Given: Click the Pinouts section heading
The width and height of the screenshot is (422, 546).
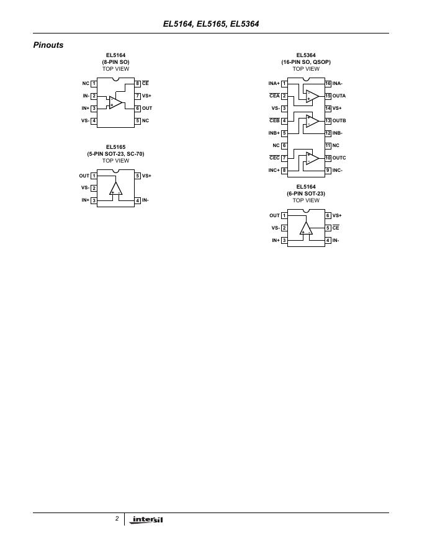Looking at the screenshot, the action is tap(48, 45).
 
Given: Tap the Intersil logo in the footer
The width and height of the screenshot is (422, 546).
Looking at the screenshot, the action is tap(148, 519).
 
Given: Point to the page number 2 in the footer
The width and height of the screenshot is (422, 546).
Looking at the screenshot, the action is tap(117, 518).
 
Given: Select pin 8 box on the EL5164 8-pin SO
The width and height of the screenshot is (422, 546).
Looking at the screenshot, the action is tap(138, 83).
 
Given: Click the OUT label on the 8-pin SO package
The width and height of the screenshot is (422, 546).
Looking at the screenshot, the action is tap(147, 108).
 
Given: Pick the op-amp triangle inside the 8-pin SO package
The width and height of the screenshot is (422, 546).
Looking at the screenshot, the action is tap(115, 102).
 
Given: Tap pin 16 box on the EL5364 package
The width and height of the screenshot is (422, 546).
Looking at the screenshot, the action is tap(328, 83).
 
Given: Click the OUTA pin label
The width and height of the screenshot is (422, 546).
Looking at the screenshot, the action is tap(339, 96).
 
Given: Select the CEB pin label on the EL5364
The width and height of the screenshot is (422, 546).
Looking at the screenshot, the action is tap(274, 120).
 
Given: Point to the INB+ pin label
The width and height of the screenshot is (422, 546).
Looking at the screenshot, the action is tap(274, 133).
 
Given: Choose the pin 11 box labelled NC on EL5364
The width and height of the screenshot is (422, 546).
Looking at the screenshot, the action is tap(328, 145).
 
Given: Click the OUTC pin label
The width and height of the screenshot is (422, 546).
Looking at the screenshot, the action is tap(339, 158).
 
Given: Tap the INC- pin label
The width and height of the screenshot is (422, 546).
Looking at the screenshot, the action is tap(338, 170).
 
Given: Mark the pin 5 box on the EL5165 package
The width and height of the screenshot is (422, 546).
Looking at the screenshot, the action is tap(138, 176).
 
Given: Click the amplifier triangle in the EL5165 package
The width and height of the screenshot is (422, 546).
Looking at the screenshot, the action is tap(115, 189).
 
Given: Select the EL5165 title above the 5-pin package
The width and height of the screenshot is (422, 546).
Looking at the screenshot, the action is tap(115, 147).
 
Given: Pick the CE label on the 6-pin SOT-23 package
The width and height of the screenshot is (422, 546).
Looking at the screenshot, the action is tap(336, 228).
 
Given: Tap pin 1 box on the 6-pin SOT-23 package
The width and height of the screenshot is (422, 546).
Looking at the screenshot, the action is tap(284, 215).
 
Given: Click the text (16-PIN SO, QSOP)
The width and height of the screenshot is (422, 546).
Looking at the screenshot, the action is tap(306, 62).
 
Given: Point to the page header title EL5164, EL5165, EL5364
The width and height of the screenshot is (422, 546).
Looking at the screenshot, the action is tap(210, 24).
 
